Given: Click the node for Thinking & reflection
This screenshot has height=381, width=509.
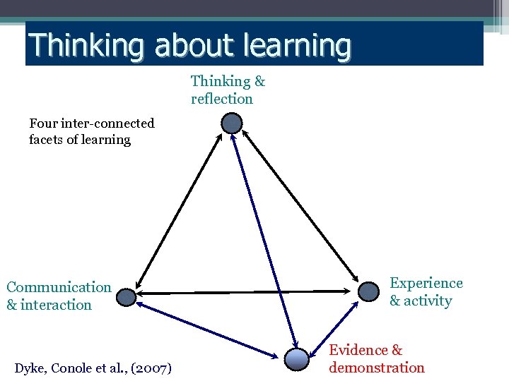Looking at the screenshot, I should (232, 124).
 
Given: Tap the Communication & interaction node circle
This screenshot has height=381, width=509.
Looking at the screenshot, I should (126, 297).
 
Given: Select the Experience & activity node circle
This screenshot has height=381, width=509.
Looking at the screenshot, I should (369, 291).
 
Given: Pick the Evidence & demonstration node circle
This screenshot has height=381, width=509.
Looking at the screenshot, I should (298, 359).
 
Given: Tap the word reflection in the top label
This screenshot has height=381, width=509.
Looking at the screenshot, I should (221, 99).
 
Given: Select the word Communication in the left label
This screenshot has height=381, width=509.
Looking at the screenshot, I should (59, 287).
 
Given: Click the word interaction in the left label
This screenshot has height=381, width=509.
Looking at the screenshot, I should (56, 305).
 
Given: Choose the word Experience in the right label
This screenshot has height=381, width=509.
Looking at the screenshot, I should (426, 283).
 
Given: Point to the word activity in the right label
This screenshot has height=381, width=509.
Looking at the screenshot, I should (428, 301).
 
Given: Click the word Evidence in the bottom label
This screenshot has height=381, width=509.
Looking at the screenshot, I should (358, 350).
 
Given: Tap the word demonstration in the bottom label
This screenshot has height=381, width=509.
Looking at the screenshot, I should (377, 368).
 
